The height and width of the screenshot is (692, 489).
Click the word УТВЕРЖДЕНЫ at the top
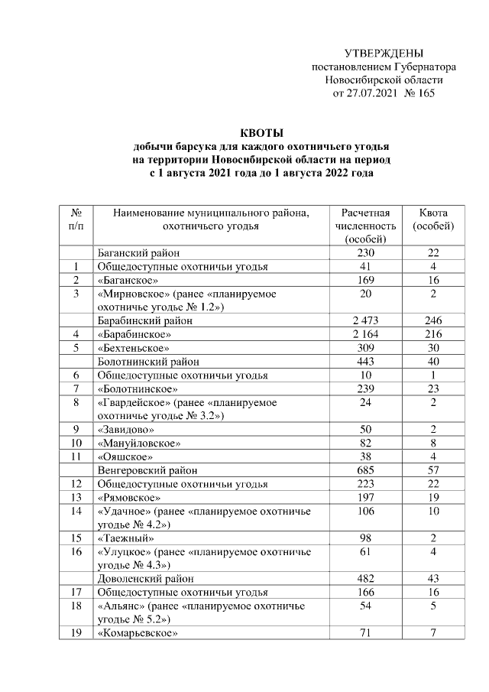point(384,54)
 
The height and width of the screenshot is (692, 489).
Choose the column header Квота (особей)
point(433,219)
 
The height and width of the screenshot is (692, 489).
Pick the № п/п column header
point(76,219)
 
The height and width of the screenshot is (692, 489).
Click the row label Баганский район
point(138,253)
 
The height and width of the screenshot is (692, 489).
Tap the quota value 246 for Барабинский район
point(433,321)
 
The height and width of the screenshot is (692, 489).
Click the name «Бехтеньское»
point(128,348)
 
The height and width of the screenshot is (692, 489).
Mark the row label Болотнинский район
point(144,362)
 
